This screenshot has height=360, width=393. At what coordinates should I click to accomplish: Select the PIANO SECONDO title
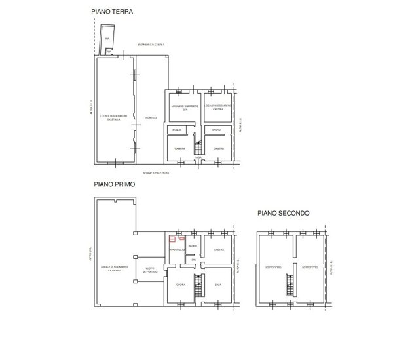[x=283, y=213]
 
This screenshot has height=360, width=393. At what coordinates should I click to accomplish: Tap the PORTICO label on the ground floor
[x=151, y=118]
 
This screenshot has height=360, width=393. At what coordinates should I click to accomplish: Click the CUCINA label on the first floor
[x=180, y=284]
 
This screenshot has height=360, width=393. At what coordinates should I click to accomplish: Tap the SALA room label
[x=218, y=284]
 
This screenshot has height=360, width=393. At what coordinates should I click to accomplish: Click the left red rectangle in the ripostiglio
[x=173, y=239]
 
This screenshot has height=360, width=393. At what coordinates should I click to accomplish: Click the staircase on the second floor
[x=288, y=285]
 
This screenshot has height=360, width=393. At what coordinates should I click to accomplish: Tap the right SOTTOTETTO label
[x=310, y=267]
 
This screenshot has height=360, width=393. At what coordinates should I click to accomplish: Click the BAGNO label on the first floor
[x=193, y=246]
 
